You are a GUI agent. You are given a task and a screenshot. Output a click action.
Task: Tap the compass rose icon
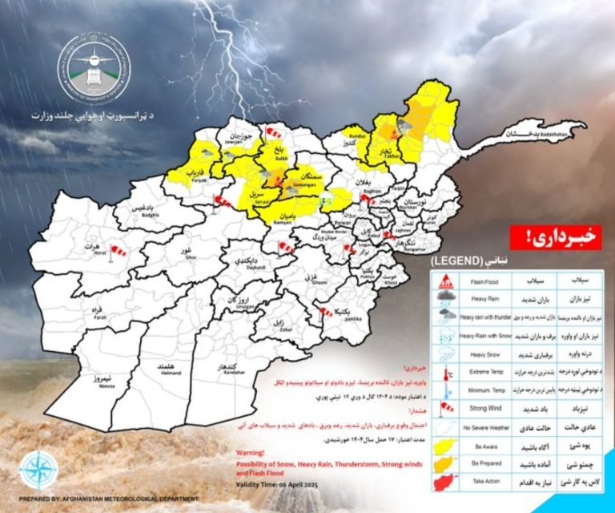pyautogui.click(x=38, y=471)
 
